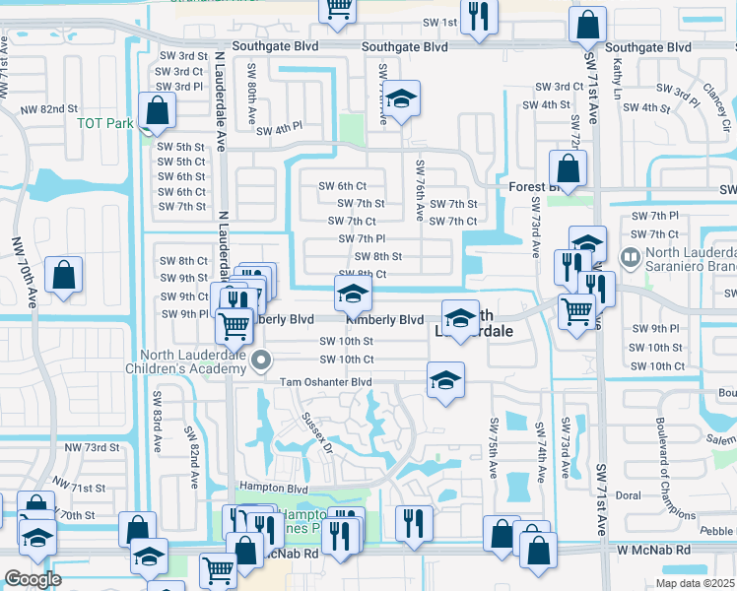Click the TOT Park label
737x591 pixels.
[103, 124]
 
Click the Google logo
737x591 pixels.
[33, 579]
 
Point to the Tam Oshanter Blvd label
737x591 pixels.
[326, 382]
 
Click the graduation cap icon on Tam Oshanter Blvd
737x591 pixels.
[445, 380]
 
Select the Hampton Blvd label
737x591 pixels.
[274, 488]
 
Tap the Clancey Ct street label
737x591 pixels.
[715, 99]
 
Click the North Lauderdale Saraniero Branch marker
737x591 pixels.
[630, 257]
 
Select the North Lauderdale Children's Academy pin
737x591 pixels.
[261, 361]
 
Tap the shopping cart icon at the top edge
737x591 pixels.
[337, 8]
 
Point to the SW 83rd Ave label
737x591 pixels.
[157, 415]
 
